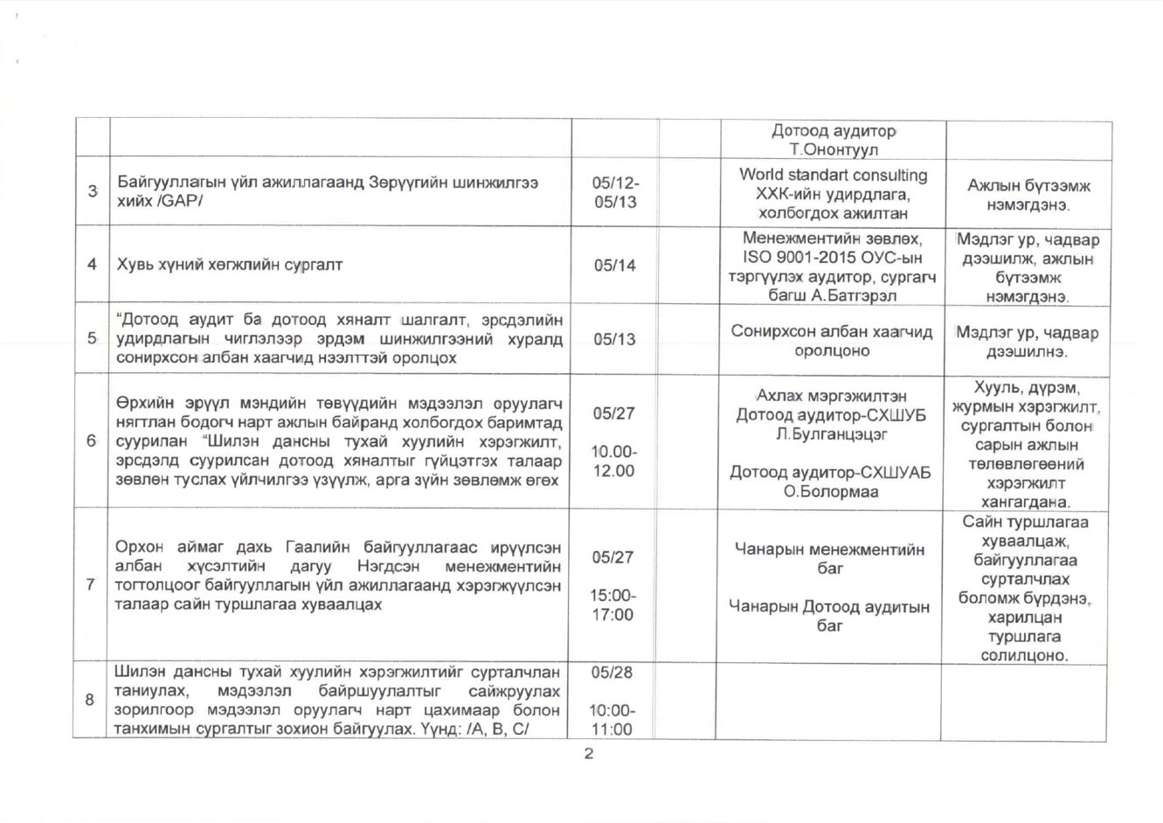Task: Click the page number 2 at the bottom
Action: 588,755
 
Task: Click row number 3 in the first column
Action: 90,192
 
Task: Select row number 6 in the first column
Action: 90,440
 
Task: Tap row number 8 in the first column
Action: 90,700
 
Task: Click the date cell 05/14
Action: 614,265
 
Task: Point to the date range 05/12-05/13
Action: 614,192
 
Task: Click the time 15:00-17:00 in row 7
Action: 613,605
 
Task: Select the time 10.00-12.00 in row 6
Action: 613,461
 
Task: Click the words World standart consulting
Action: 833,175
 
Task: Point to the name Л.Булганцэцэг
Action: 831,433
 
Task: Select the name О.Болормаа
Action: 830,491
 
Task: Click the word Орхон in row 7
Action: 139,547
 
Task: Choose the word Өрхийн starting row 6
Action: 143,403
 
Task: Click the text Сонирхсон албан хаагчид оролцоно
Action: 831,342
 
